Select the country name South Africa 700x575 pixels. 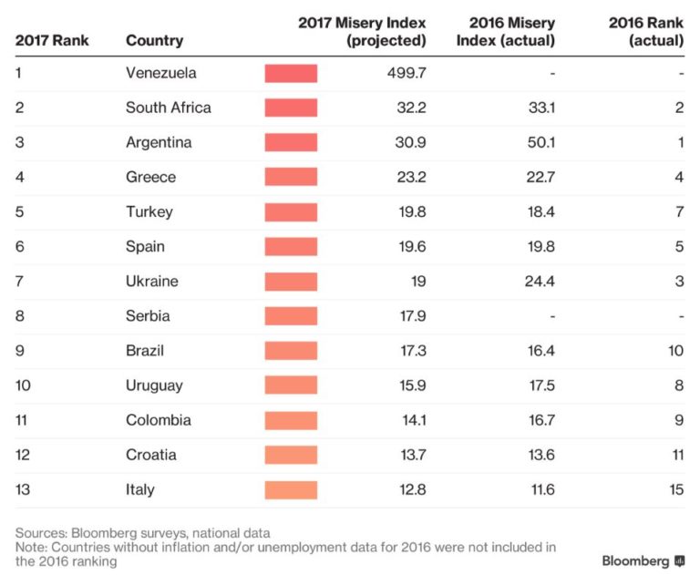pyautogui.click(x=168, y=108)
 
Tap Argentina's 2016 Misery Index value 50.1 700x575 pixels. pyautogui.click(x=539, y=142)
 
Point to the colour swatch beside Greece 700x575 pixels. pyautogui.click(x=291, y=177)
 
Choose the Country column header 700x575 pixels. pyautogui.click(x=154, y=40)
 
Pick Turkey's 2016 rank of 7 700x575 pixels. pyautogui.click(x=679, y=211)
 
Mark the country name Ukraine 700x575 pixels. pyautogui.click(x=151, y=282)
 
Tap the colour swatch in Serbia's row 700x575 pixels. pyautogui.click(x=291, y=316)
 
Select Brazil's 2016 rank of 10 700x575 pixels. pyautogui.click(x=674, y=351)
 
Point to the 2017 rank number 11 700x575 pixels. pyautogui.click(x=23, y=420)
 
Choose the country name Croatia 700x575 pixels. pyautogui.click(x=151, y=455)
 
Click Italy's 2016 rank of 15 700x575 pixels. pyautogui.click(x=674, y=489)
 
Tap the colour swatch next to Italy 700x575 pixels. pyautogui.click(x=291, y=489)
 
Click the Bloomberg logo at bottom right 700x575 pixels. pyautogui.click(x=643, y=560)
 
